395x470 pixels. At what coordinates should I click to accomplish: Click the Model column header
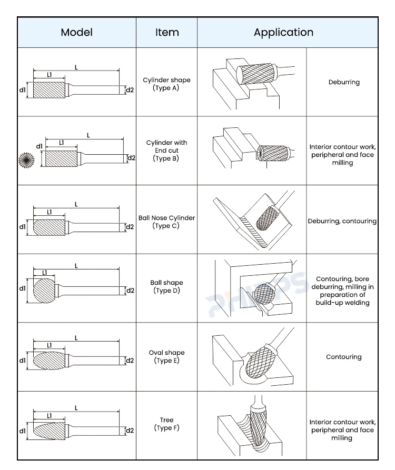click(76, 32)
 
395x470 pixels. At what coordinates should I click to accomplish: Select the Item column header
click(167, 32)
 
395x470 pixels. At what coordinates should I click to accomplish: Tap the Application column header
click(283, 32)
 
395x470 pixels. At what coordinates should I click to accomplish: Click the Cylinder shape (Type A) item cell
click(166, 84)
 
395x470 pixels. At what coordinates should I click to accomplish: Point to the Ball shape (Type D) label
click(166, 287)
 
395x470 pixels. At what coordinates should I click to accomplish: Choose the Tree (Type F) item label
click(166, 424)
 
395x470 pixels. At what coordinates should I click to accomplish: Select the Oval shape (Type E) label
click(166, 356)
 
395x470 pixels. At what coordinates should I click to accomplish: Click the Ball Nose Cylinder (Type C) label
click(166, 222)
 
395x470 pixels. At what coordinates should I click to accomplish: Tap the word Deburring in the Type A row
click(344, 82)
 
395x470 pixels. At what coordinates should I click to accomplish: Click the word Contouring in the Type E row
click(343, 357)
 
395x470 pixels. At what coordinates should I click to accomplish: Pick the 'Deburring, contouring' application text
click(342, 222)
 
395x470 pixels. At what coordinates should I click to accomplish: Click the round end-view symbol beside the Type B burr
click(25, 158)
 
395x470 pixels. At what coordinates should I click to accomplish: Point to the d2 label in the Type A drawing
click(130, 90)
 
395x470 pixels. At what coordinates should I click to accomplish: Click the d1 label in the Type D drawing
click(22, 288)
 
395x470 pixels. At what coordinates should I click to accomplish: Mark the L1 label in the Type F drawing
click(49, 416)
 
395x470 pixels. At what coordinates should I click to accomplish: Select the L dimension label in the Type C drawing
click(76, 204)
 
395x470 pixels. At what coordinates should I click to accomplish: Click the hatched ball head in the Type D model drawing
click(44, 290)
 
